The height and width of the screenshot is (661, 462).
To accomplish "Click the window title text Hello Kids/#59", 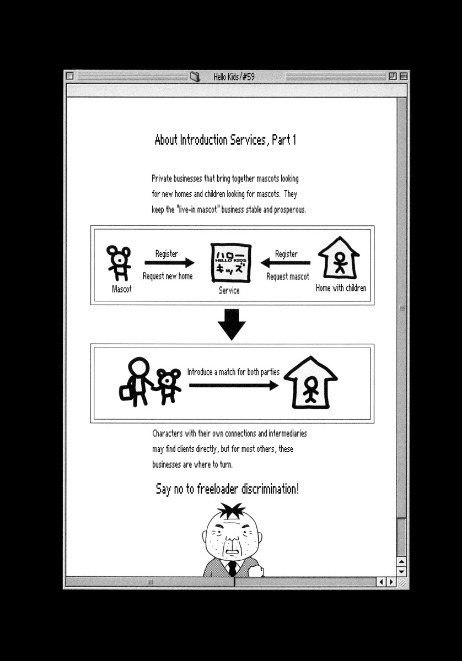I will coord(234,77).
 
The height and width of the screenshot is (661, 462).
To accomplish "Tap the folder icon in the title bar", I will coord(195,77).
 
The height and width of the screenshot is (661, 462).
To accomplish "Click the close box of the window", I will coord(70,76).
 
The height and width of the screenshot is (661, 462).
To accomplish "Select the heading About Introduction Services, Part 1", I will coord(225,140).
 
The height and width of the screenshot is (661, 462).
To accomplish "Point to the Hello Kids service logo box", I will coord(231,263).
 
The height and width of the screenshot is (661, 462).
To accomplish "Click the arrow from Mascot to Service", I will coord(169,263).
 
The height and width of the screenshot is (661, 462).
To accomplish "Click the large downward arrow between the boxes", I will coord(232,324).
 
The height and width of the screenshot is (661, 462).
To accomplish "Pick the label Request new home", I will coord(168,276).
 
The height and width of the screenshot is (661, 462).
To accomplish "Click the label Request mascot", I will coord(288,276).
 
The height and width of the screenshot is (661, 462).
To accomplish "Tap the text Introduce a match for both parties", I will coord(233,372).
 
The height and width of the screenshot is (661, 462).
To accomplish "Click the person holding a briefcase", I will coord(137,381).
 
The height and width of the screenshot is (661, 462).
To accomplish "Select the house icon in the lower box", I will coord(310,382).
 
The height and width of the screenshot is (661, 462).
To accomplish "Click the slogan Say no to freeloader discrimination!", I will coord(227,489).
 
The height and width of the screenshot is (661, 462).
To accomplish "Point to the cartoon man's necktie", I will coord(233,567).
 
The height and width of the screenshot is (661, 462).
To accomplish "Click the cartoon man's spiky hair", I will coord(232,511).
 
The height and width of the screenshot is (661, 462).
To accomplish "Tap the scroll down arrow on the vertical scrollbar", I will coord(402,572).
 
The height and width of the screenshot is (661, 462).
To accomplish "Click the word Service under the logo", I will coord(229,290).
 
